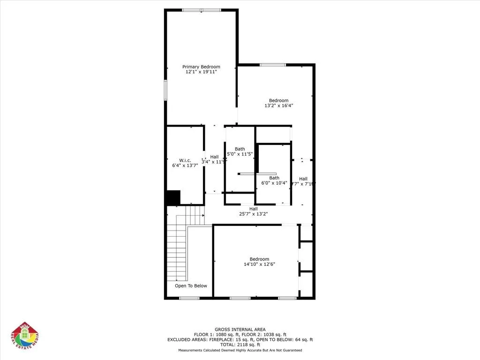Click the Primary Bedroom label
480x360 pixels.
pyautogui.click(x=201, y=67)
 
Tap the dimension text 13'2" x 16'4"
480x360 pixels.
pyautogui.click(x=278, y=105)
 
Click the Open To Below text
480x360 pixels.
pyautogui.click(x=191, y=285)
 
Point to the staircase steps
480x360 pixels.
pyautogui.click(x=180, y=244)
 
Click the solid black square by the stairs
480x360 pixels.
pyautogui.click(x=173, y=197)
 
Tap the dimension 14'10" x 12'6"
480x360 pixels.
pyautogui.click(x=259, y=264)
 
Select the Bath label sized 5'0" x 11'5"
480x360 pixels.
pyautogui.click(x=240, y=149)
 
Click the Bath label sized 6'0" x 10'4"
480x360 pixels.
pyautogui.click(x=274, y=178)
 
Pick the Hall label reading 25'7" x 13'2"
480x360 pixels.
pyautogui.click(x=253, y=209)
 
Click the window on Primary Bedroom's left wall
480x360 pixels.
pyautogui.click(x=165, y=89)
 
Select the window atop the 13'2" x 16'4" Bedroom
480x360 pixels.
pyautogui.click(x=273, y=65)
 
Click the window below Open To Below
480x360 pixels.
pyautogui.click(x=189, y=298)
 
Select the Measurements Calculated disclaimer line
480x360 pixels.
pyautogui.click(x=240, y=350)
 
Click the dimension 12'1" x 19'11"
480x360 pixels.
pyautogui.click(x=201, y=72)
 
